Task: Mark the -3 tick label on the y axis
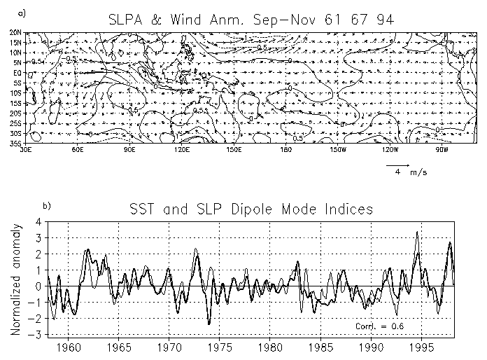[38, 335]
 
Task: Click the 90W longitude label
[442, 149]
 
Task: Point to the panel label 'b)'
[47, 205]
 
